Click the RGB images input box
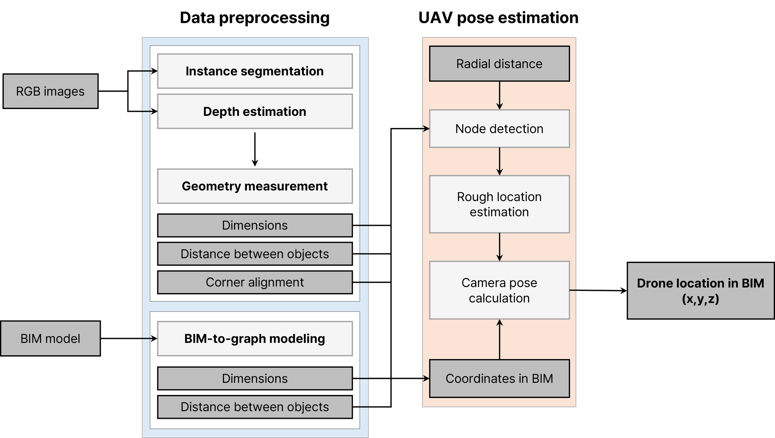point(50,91)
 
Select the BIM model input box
point(50,338)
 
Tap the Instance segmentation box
point(255,71)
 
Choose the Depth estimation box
point(255,112)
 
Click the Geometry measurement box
point(255,186)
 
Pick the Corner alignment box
point(255,282)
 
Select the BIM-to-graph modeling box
point(255,339)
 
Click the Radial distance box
point(499,64)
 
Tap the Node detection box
point(499,129)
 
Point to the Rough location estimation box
point(499,204)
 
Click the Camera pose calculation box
point(499,290)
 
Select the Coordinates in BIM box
point(499,379)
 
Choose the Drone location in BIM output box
point(700,291)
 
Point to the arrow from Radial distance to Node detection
point(499,95)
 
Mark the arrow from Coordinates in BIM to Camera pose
point(499,339)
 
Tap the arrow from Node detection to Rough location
point(499,161)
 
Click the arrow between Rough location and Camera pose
point(499,247)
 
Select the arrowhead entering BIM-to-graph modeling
point(154,339)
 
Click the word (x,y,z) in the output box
point(700,299)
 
